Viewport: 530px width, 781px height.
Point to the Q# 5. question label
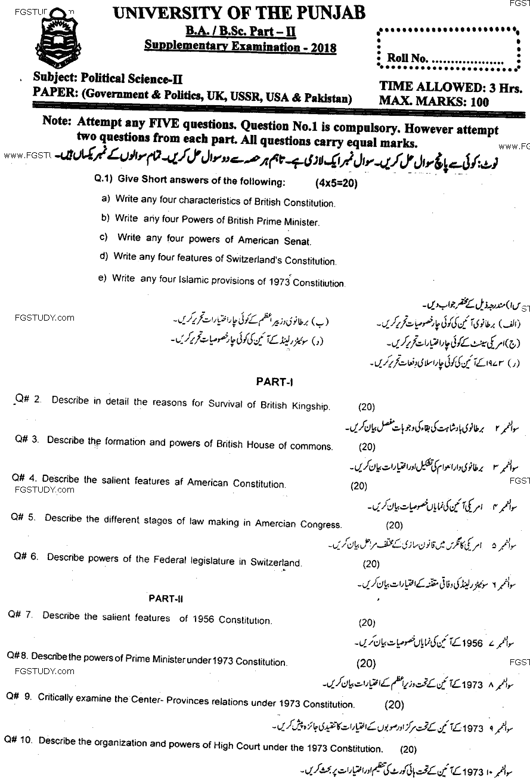coord(23,518)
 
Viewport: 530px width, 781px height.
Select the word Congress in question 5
coord(321,524)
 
